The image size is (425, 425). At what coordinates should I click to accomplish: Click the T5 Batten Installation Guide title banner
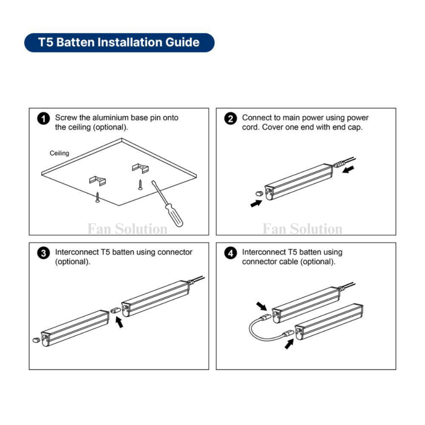point(119,43)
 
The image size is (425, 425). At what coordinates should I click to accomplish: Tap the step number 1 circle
point(43,119)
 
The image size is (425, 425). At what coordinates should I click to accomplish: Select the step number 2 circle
point(230,119)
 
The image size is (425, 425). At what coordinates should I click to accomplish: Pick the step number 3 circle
point(43,253)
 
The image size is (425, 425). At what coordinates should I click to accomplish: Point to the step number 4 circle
point(230,253)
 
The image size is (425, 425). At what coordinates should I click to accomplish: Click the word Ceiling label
point(59,153)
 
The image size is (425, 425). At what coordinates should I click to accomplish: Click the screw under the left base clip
point(98,197)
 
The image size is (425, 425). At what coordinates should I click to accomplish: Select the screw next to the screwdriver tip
point(140,185)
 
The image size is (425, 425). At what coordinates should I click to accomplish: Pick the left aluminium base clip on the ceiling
point(98,181)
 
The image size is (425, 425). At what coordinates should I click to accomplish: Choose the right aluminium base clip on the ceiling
point(140,168)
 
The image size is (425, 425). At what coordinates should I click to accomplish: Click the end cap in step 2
point(259,193)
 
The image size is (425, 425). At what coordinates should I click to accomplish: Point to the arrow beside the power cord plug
point(348,169)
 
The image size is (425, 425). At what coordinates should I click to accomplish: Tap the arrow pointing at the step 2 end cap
point(256,203)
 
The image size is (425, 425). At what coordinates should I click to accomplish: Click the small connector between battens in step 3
point(115,310)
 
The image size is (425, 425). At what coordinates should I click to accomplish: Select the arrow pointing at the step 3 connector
point(119,322)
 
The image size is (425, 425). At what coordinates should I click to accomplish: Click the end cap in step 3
point(36,340)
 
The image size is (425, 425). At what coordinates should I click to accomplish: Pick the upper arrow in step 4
point(261,306)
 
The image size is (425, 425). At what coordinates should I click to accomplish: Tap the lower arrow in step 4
point(289,344)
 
